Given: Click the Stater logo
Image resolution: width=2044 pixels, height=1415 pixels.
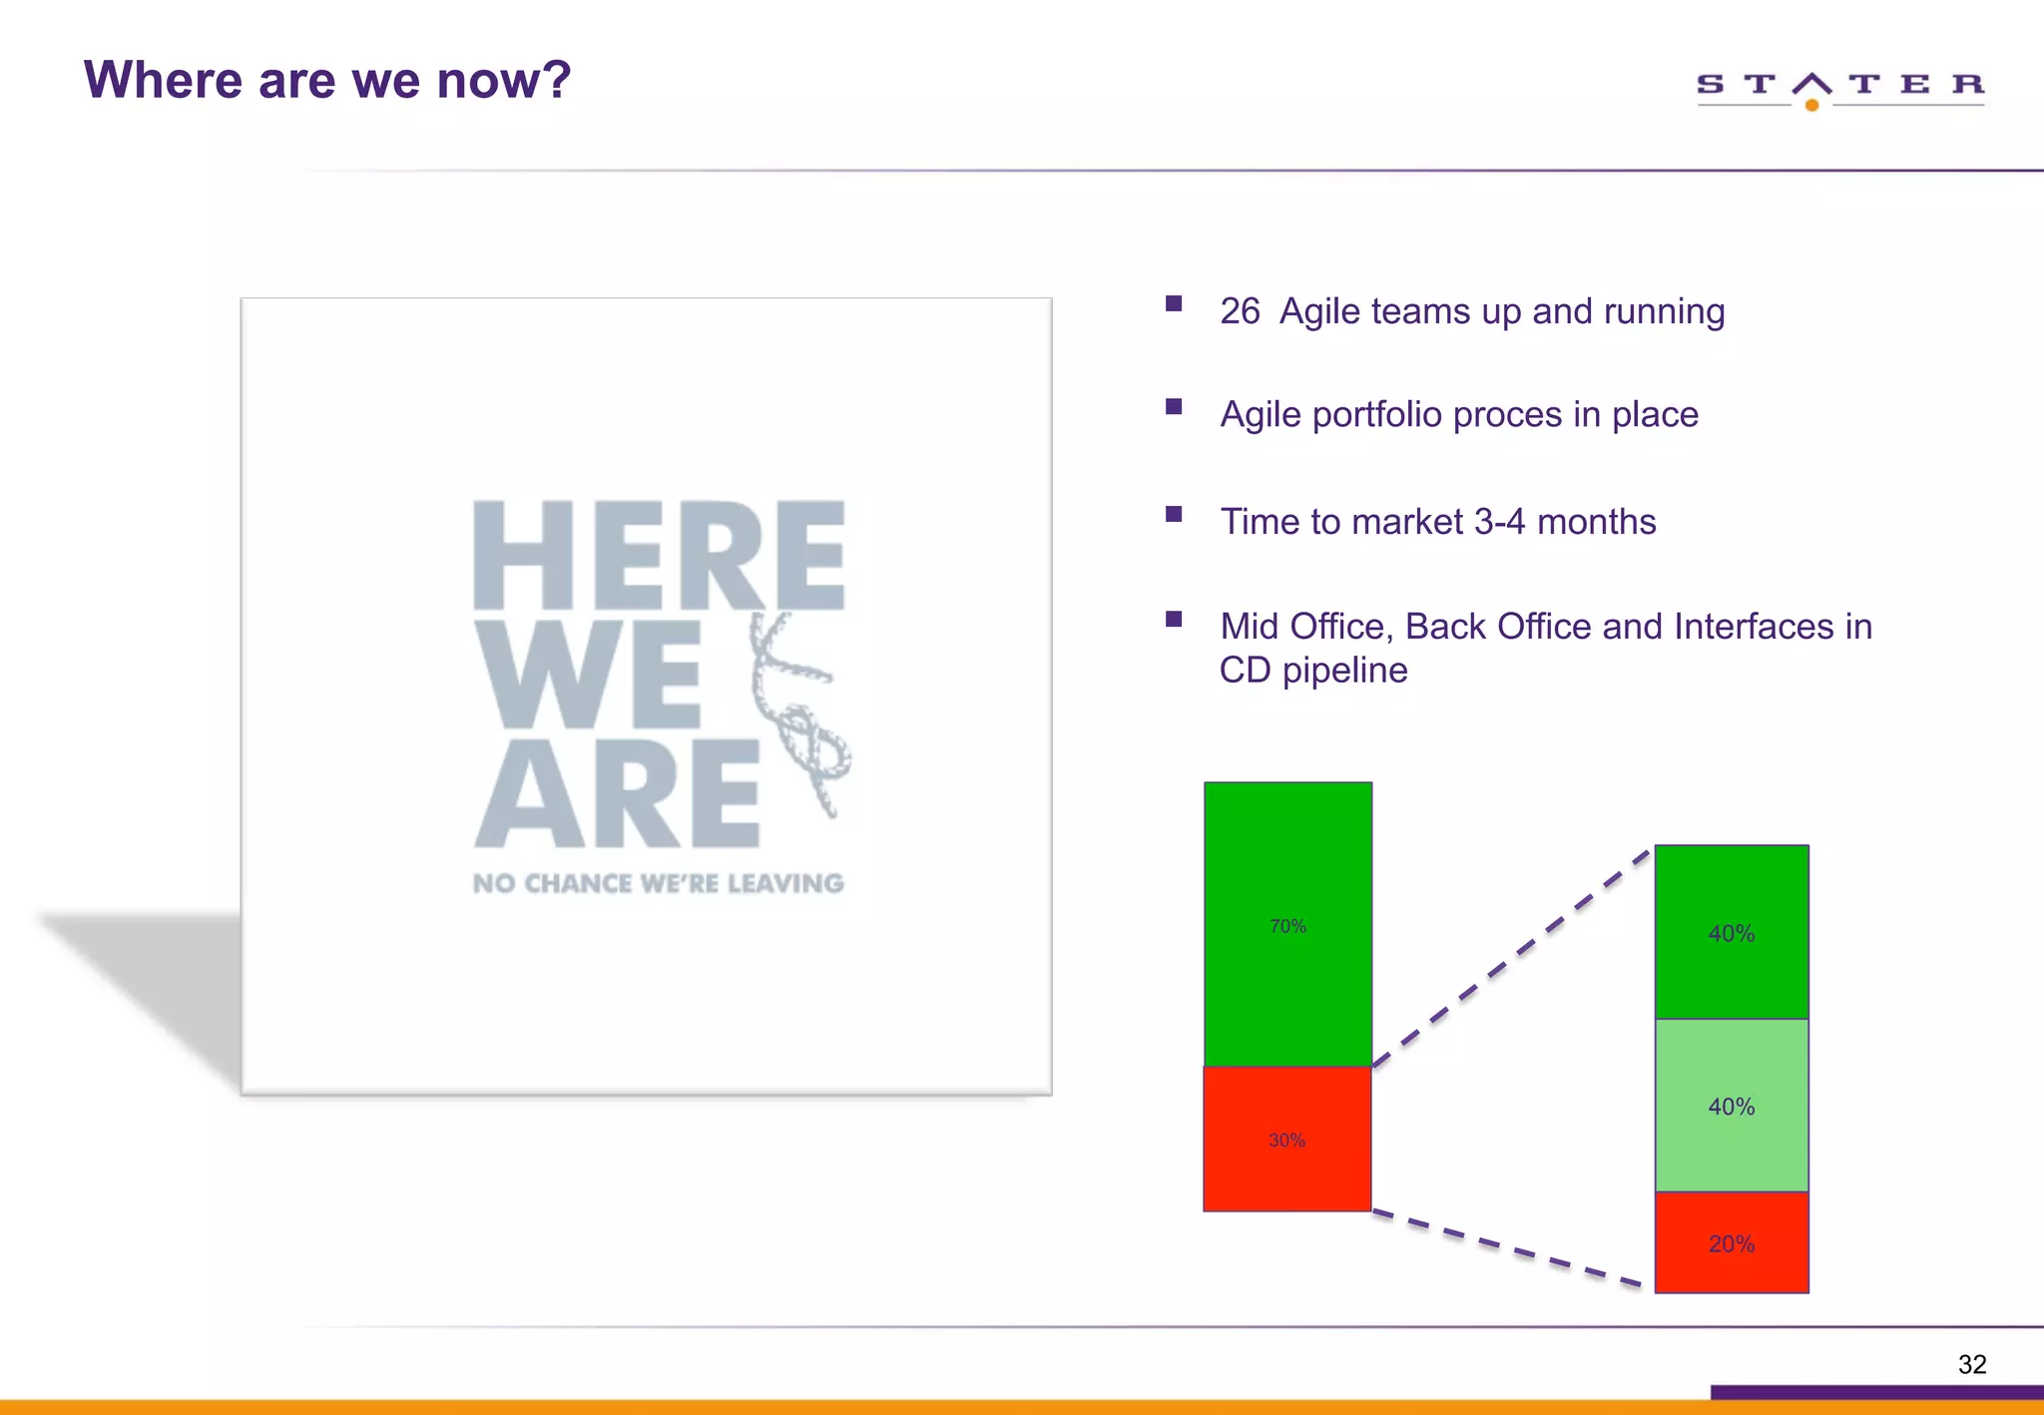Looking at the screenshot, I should pyautogui.click(x=1839, y=88).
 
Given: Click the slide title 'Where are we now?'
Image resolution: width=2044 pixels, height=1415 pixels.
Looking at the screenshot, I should pyautogui.click(x=327, y=80).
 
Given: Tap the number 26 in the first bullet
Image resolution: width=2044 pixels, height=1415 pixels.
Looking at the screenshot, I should pyautogui.click(x=1240, y=311).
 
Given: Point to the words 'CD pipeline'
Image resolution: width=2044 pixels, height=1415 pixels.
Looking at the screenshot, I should pyautogui.click(x=1312, y=671).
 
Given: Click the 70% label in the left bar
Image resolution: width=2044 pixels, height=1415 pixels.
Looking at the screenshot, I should pyautogui.click(x=1287, y=926).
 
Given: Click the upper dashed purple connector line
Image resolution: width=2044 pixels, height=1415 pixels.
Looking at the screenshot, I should pyautogui.click(x=1511, y=958).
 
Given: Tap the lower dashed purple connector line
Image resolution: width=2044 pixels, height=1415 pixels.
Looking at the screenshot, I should pyautogui.click(x=1507, y=1247).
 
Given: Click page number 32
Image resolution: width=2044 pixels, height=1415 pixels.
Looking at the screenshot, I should pyautogui.click(x=1972, y=1364).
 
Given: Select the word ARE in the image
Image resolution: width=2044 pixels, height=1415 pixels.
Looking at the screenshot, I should pyautogui.click(x=617, y=793).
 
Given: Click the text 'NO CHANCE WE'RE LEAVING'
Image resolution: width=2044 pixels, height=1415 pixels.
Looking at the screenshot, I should pyautogui.click(x=659, y=884).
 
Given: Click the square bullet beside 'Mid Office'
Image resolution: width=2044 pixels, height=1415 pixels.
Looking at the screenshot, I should pyautogui.click(x=1174, y=619).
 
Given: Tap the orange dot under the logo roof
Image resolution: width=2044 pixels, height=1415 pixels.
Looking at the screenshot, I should pyautogui.click(x=1812, y=105).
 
